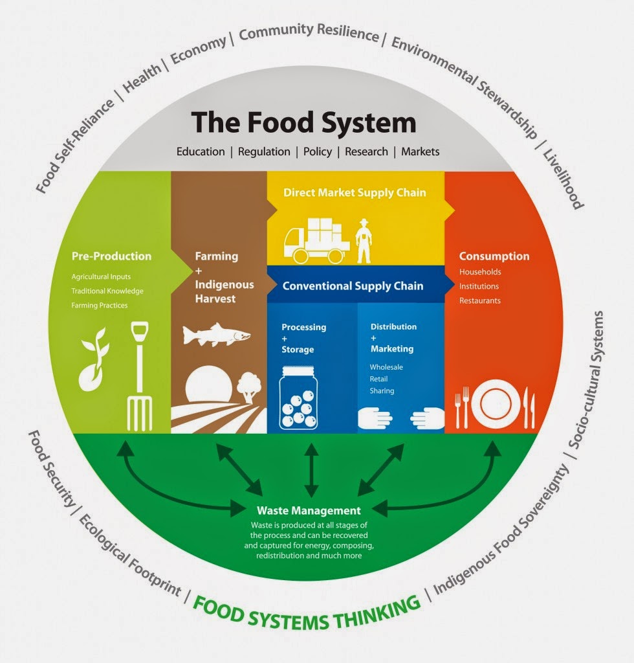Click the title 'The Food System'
[x=303, y=122]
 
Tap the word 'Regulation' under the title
[x=264, y=152]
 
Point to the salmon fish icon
[x=216, y=335]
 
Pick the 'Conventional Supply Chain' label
[x=353, y=286]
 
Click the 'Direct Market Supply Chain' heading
[x=355, y=192]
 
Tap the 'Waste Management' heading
[x=308, y=510]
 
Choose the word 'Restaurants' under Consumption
[x=480, y=300]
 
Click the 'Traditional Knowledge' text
[x=107, y=291]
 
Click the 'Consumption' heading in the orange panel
[x=494, y=256]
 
